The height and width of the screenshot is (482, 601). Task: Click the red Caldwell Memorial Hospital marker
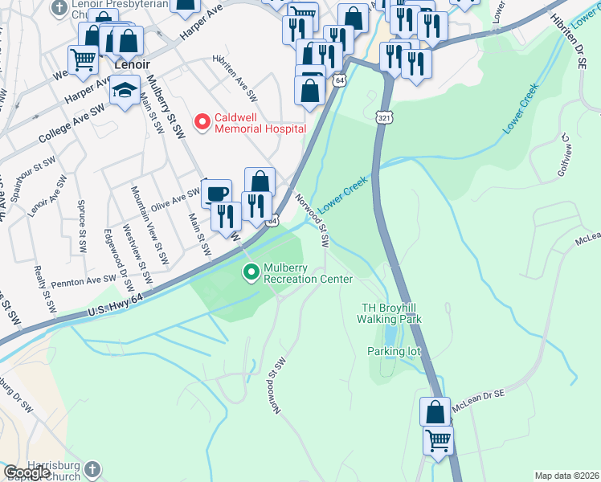(x=202, y=121)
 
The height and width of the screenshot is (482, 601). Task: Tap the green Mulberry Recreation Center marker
(x=252, y=273)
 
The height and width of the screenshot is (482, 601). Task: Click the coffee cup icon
(x=215, y=194)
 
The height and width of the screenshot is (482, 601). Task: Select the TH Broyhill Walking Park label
(x=390, y=313)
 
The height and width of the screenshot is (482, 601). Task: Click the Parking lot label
(x=395, y=351)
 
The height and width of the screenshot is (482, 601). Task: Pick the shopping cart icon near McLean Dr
(x=438, y=439)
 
